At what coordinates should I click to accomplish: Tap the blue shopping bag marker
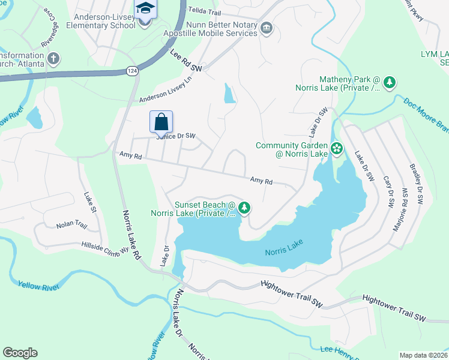coord(161,122)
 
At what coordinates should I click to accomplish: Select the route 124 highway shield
coord(132,71)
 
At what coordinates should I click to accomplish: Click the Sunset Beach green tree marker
coord(244,208)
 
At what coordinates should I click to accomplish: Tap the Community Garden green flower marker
coord(337,148)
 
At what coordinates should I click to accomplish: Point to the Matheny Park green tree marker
coord(390,82)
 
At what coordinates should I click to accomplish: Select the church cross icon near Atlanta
coord(53,59)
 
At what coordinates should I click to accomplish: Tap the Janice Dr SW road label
coord(176,136)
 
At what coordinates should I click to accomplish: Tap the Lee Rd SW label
coord(187,62)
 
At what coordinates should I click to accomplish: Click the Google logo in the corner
coord(20,352)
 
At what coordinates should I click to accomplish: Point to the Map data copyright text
coord(423,355)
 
